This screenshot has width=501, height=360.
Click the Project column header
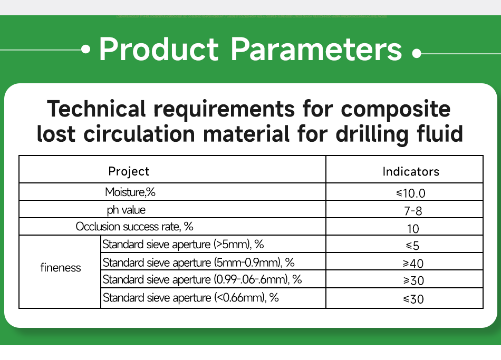[x=129, y=171]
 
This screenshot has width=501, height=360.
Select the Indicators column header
[x=411, y=171]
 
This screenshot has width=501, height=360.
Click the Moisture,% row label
[x=130, y=192]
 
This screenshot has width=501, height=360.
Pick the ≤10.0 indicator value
[x=411, y=193]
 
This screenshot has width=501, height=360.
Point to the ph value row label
[x=126, y=210]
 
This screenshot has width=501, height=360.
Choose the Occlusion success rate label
[x=134, y=227]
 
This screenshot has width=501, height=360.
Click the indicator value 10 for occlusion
[x=413, y=229]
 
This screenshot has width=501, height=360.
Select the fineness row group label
[x=61, y=268]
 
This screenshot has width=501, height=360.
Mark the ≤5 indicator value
[x=412, y=246]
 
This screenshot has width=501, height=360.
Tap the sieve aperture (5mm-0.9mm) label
[x=198, y=262]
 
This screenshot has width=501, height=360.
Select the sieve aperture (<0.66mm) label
[x=190, y=298]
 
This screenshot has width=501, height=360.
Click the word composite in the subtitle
[x=396, y=109]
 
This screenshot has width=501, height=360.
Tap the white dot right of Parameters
[x=417, y=53]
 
